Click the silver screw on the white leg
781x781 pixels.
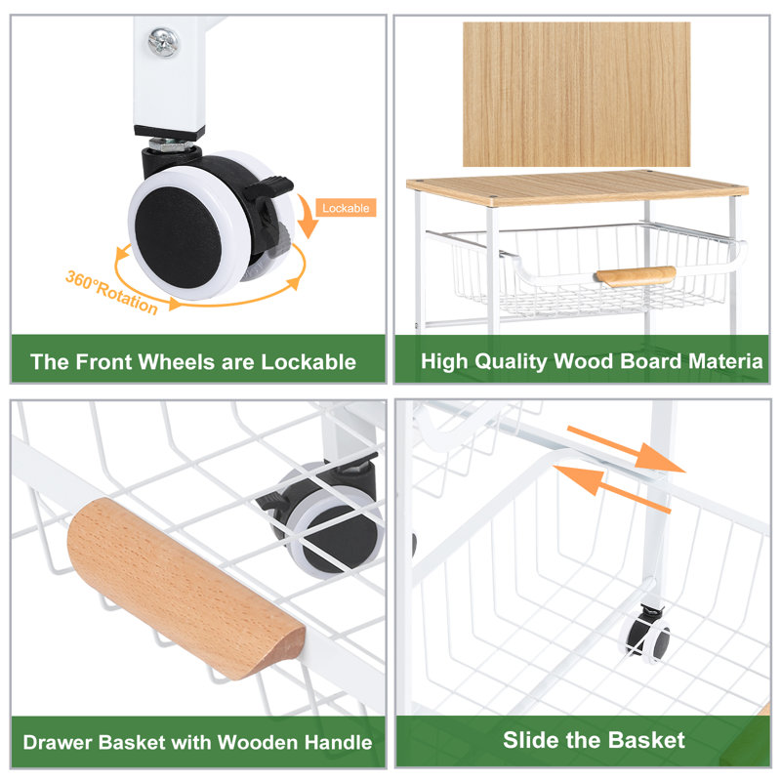163,42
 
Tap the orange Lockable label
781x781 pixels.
346,208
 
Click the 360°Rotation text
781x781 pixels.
112,293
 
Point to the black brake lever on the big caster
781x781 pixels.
267,187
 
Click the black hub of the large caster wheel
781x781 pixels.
178,237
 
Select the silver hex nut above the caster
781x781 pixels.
171,144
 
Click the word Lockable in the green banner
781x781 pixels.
308,362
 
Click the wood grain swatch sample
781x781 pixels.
576,94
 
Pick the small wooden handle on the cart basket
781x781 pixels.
636,275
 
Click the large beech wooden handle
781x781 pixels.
186,590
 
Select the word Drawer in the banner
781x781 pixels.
59,742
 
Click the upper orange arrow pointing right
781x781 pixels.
626,449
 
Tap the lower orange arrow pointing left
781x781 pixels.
612,487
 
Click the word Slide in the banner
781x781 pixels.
530,740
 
